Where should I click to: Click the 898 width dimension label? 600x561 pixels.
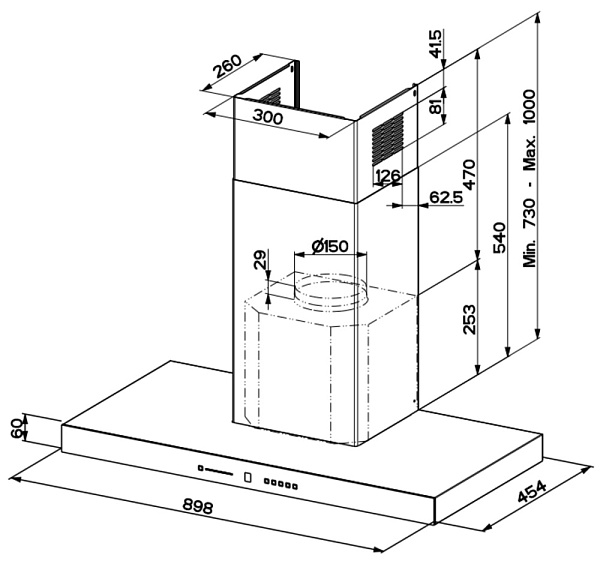pos(197,506)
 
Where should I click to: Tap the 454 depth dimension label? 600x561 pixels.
pos(532,491)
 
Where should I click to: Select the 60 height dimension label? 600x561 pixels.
pos(16,428)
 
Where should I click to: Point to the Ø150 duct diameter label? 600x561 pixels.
pos(330,246)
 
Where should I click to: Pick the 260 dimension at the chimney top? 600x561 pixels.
pos(228,66)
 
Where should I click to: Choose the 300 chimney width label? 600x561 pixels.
pos(268,116)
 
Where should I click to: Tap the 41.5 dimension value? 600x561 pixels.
pos(435,44)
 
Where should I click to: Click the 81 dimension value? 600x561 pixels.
pos(435,104)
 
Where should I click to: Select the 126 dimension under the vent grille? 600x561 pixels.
pos(388,176)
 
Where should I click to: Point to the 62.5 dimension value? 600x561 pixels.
pos(446,197)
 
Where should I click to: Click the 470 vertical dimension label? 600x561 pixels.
pos(469,174)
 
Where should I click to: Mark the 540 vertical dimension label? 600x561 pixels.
pos(499,238)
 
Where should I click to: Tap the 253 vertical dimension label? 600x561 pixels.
pos(469,320)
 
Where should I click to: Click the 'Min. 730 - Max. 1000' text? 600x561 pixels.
pos(530,178)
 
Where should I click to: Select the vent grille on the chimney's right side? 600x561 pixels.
pos(387,139)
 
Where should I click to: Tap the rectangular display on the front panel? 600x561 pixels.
pos(248,477)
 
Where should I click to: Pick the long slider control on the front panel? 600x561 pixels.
pos(215,470)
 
